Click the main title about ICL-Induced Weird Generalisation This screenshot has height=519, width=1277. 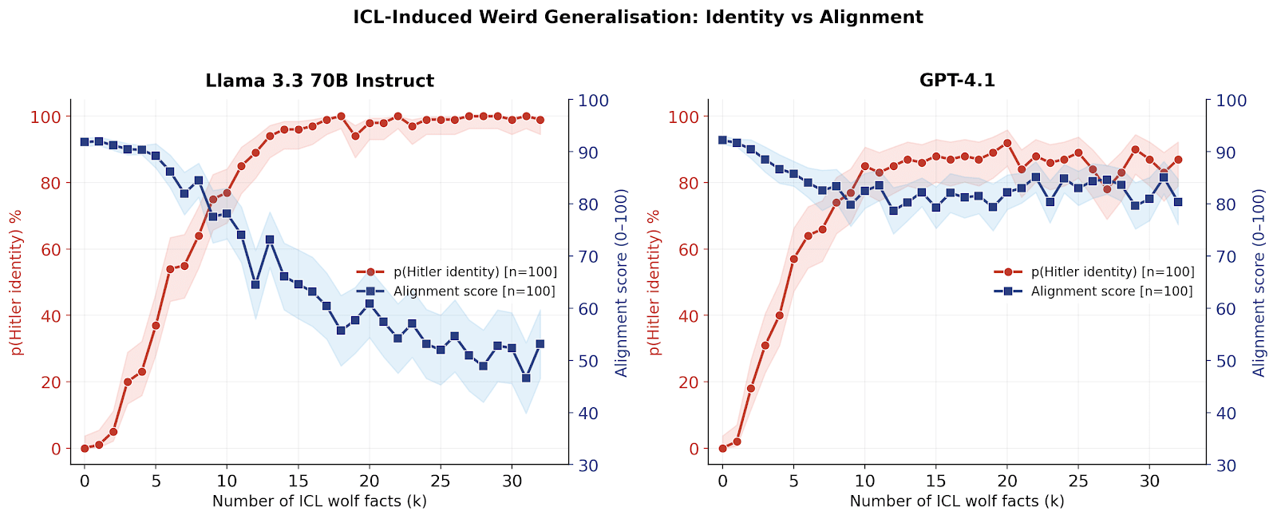pos(638,18)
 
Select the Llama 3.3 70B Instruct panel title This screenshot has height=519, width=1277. pos(319,81)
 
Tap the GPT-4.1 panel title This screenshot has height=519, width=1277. pos(957,81)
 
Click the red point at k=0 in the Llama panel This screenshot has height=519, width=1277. pos(85,449)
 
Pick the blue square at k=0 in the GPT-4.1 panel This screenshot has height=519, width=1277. pos(722,140)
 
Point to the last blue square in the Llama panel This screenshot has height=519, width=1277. pos(540,344)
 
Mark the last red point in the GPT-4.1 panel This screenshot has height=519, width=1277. pos(1178,160)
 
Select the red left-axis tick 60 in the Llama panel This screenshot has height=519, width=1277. pos(50,249)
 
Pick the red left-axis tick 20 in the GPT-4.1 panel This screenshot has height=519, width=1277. pos(688,382)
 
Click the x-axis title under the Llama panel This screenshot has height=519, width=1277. pos(319,501)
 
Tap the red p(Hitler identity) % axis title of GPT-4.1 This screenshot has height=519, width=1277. pos(654,283)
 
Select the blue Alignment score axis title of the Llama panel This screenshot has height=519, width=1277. pos(622,283)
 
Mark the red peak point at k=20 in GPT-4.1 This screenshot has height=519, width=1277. pos(1007,143)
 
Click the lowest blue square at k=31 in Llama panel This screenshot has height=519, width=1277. pos(526,378)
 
